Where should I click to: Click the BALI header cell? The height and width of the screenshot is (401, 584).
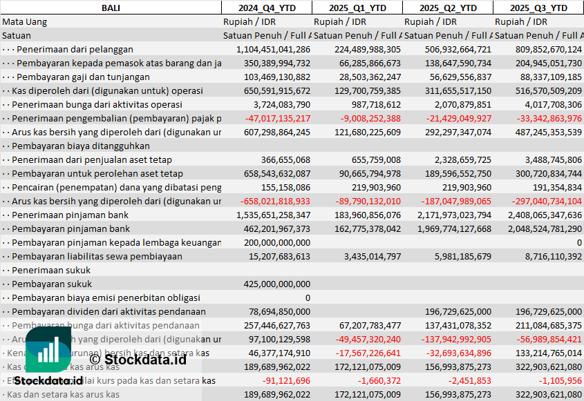pyautogui.click(x=110, y=8)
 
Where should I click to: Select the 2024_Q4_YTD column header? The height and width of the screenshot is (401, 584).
pyautogui.click(x=266, y=8)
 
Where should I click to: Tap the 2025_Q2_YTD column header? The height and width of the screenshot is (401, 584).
pyautogui.click(x=448, y=8)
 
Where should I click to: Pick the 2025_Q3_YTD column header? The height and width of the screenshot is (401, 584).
pyautogui.click(x=538, y=8)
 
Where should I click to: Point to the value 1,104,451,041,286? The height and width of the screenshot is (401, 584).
pyautogui.click(x=273, y=49)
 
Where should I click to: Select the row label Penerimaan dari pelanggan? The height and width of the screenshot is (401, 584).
pyautogui.click(x=75, y=49)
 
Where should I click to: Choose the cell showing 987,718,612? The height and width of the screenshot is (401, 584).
pyautogui.click(x=376, y=104)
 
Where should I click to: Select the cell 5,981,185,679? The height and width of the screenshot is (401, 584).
pyautogui.click(x=458, y=256)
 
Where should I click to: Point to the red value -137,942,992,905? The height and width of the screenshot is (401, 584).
pyautogui.click(x=447, y=339)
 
